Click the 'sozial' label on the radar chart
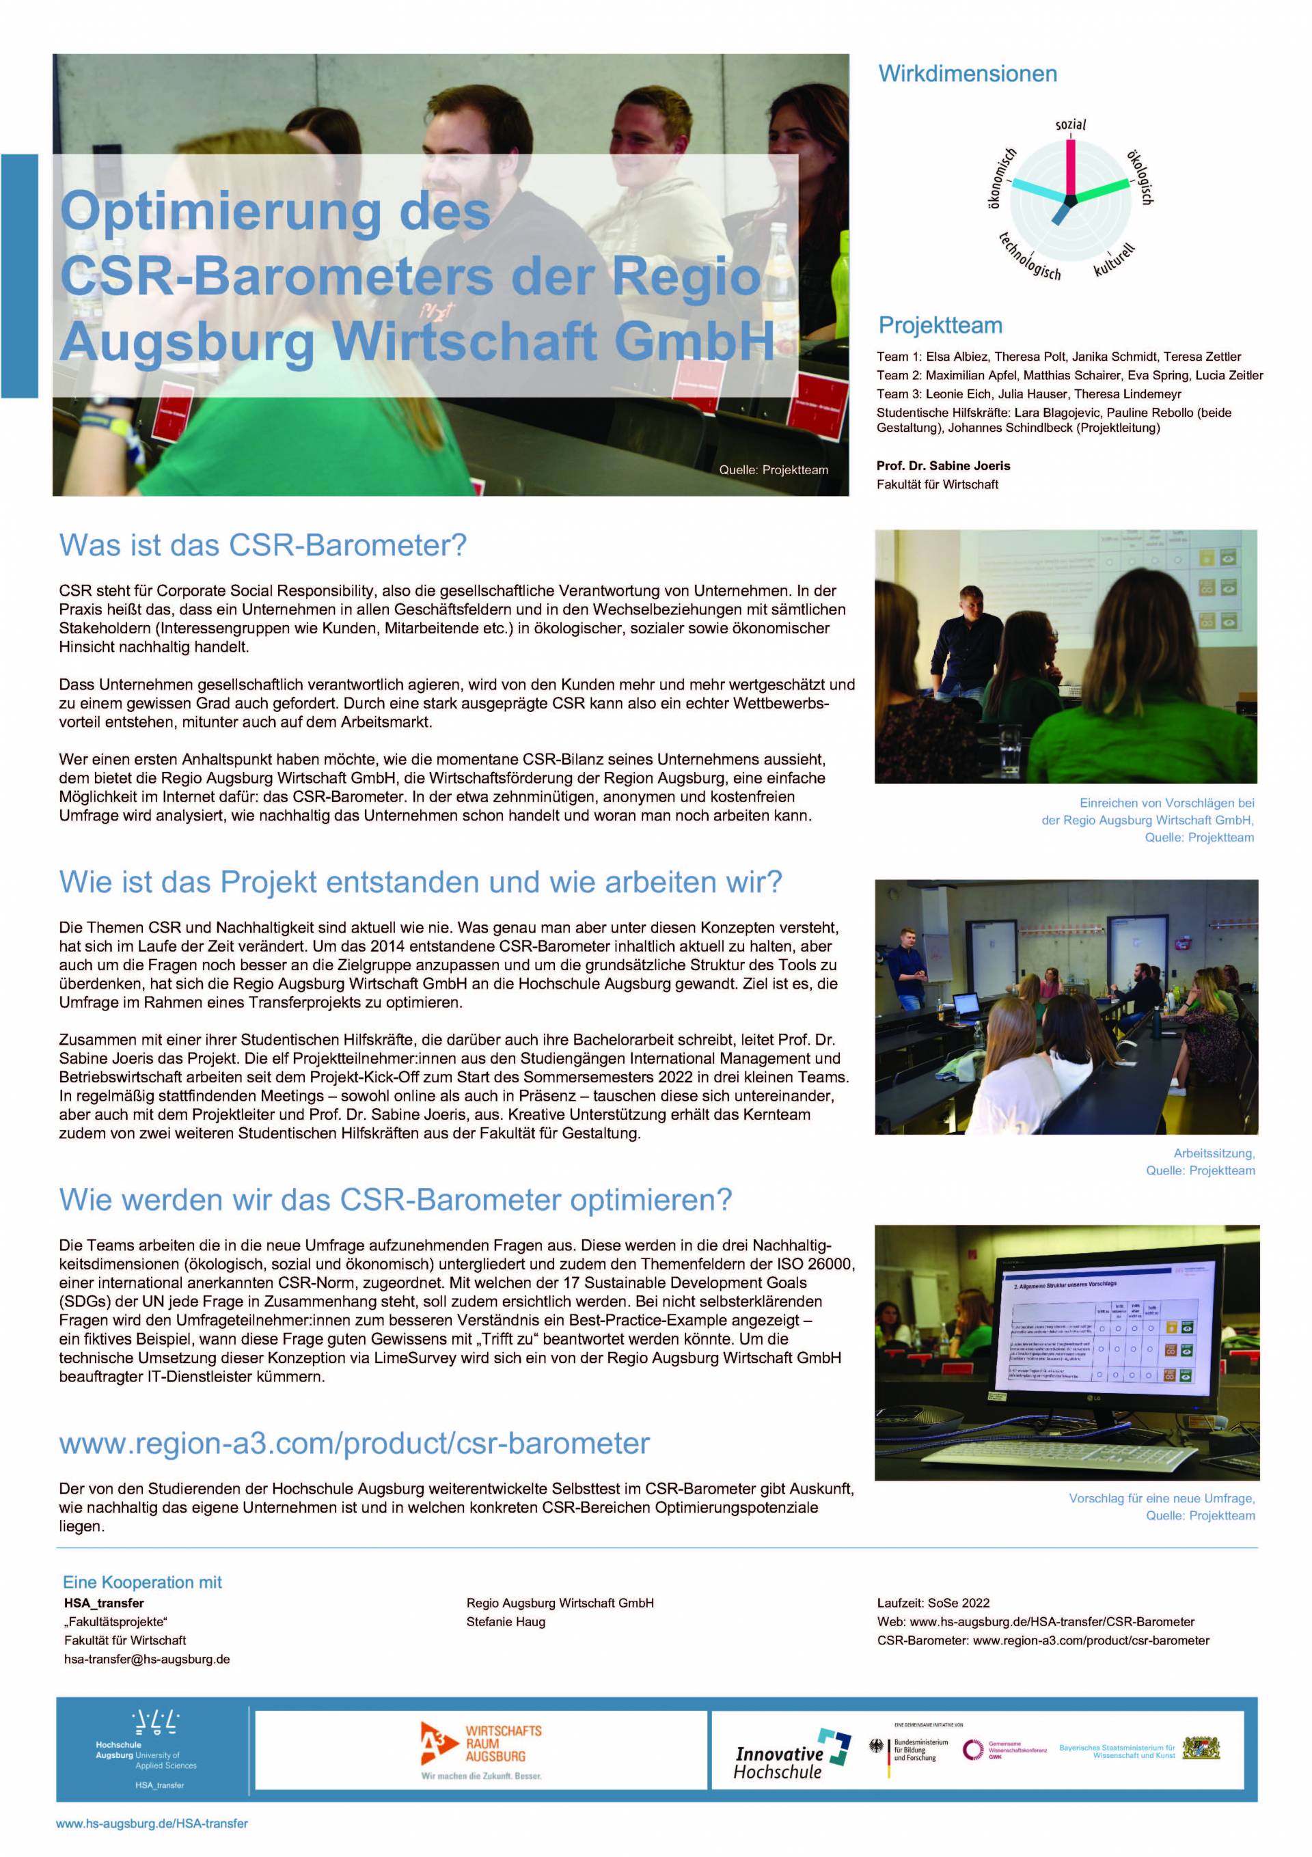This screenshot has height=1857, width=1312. pyautogui.click(x=1070, y=124)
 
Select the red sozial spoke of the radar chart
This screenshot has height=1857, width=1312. pyautogui.click(x=1070, y=167)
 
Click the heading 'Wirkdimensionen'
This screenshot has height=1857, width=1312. pyautogui.click(x=968, y=74)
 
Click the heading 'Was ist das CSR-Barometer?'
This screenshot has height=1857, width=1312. pyautogui.click(x=263, y=545)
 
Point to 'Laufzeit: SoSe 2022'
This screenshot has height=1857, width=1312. pyautogui.click(x=933, y=1603)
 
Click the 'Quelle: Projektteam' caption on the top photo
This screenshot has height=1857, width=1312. pyautogui.click(x=774, y=470)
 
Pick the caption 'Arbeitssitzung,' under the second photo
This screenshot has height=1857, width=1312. pyautogui.click(x=1214, y=1153)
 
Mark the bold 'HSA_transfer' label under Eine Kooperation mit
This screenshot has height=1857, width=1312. pyautogui.click(x=105, y=1603)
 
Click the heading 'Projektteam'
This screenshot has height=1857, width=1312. pyautogui.click(x=940, y=326)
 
